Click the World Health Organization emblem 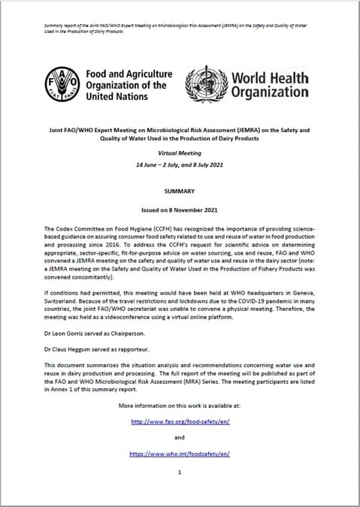click(206, 84)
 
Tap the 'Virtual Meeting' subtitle click(180, 151)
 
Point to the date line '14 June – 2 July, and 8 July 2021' click(180, 163)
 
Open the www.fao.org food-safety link click(180, 422)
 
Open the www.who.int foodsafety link click(180, 454)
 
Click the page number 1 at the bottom click(180, 472)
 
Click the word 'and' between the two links click(180, 438)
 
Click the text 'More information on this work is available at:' click(180, 406)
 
